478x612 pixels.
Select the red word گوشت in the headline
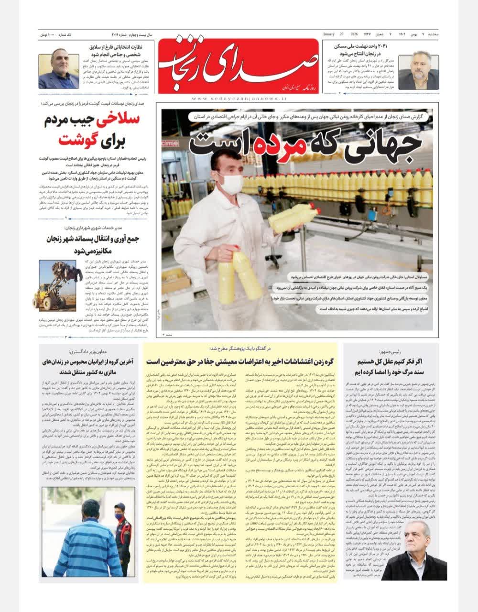tap(78, 141)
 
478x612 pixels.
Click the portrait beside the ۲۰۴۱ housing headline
tap(419, 72)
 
